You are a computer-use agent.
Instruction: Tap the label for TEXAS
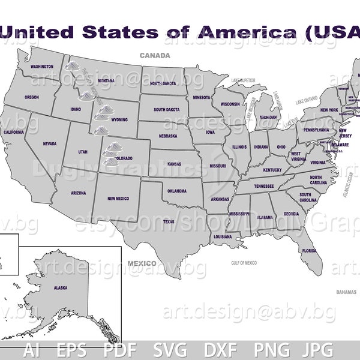click(169, 221)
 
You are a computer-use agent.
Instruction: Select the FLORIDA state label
click(309, 250)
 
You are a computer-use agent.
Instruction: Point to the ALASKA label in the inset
click(61, 288)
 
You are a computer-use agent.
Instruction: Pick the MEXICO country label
click(142, 263)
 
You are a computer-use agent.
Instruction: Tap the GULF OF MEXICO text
click(244, 263)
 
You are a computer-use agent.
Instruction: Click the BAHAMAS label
click(346, 292)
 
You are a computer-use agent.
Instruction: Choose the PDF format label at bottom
click(121, 350)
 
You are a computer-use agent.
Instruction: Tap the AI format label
click(32, 350)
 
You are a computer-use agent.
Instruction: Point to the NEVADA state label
click(49, 144)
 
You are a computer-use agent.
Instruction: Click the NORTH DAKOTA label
click(163, 83)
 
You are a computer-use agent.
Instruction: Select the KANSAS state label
click(174, 163)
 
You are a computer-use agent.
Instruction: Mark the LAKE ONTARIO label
click(307, 103)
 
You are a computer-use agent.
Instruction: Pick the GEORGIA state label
click(291, 214)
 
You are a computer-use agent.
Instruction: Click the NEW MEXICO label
click(119, 198)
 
